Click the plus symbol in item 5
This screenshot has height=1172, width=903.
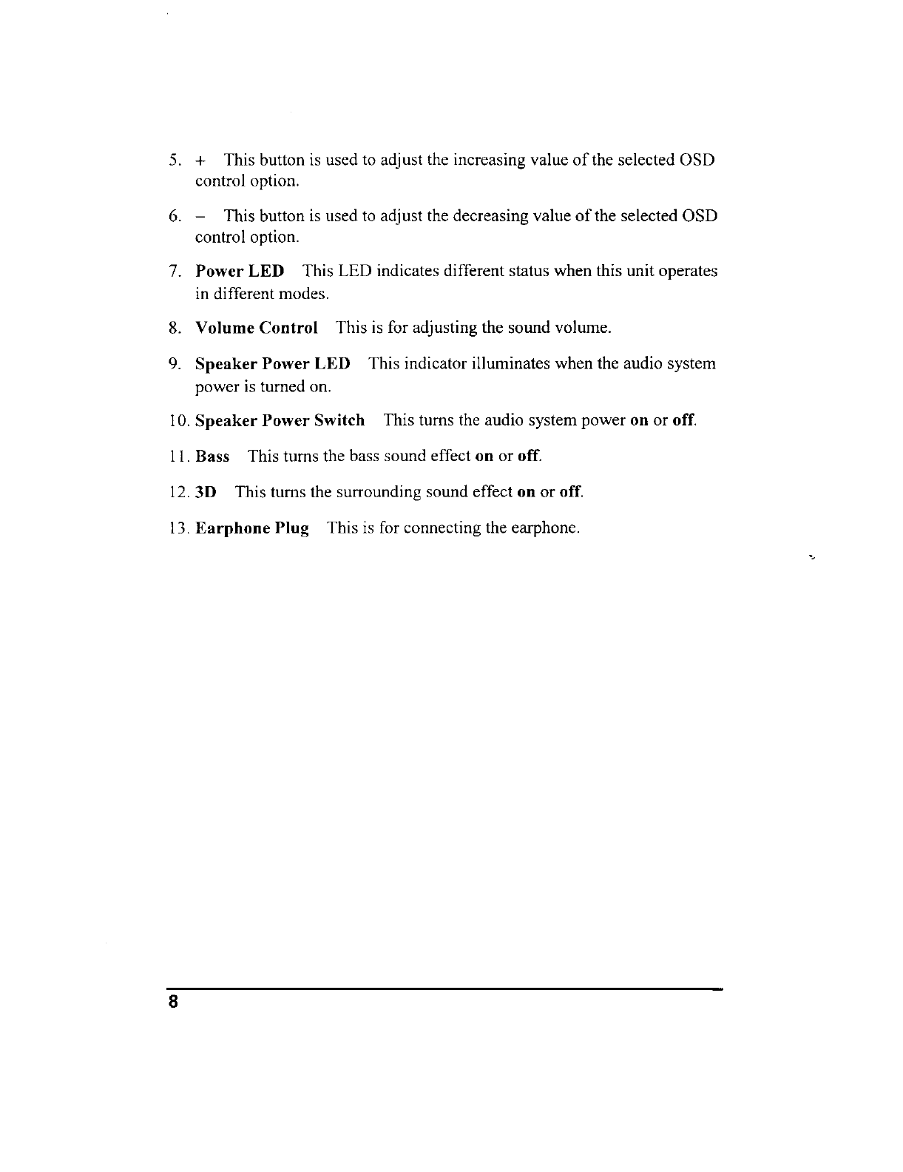coord(200,161)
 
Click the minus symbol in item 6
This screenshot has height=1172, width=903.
coord(200,217)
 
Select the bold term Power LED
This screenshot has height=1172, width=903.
coord(239,272)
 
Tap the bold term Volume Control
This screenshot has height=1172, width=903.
coord(256,328)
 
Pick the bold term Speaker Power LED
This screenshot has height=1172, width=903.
coord(272,364)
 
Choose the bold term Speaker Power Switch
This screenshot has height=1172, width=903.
coord(280,421)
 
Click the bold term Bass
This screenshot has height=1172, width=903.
coord(212,457)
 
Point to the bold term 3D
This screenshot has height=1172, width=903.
coord(206,492)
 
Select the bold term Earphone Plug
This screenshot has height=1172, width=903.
coord(251,529)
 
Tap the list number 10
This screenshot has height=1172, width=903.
coord(180,421)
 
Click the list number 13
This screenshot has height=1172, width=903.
coord(180,529)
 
